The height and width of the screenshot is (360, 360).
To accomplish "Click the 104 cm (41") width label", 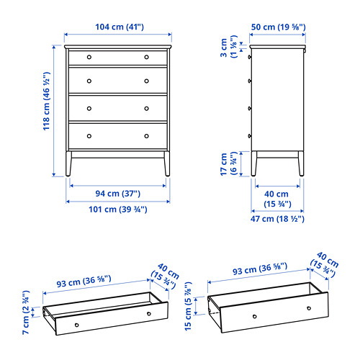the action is click(x=120, y=27).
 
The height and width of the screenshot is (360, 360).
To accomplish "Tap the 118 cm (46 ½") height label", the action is click(x=46, y=101).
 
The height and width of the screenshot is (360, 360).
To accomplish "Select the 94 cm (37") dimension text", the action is click(x=118, y=194).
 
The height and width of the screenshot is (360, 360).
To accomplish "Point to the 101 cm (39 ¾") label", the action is click(x=118, y=210).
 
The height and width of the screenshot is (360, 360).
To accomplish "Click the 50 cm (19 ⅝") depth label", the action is click(x=279, y=27).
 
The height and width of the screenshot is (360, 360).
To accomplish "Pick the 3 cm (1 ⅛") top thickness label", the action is click(x=228, y=47).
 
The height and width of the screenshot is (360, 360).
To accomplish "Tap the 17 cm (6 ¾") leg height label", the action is click(x=228, y=163).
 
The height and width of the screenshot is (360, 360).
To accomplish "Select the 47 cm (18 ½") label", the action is click(x=277, y=219).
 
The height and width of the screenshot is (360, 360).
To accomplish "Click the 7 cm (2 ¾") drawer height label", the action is click(x=26, y=312).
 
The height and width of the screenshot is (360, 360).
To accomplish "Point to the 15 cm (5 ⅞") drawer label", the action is click(x=189, y=306).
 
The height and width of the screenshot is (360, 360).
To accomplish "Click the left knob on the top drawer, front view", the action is click(x=89, y=57).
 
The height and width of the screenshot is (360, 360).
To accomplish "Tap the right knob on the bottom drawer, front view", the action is click(x=147, y=136).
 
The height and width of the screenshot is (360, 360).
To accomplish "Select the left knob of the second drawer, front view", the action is click(x=89, y=81).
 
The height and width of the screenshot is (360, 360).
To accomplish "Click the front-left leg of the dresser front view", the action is click(x=68, y=163).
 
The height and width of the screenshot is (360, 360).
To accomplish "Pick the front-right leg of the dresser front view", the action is click(x=167, y=163).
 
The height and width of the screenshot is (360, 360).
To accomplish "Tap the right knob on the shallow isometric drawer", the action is click(x=149, y=314).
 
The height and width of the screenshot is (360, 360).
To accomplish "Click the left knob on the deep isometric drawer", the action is click(x=255, y=317).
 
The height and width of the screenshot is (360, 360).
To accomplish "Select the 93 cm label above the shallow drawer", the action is click(x=84, y=281).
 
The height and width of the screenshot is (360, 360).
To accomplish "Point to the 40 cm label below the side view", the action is click(x=277, y=199).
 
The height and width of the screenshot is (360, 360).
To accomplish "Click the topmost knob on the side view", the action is click(x=250, y=57).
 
